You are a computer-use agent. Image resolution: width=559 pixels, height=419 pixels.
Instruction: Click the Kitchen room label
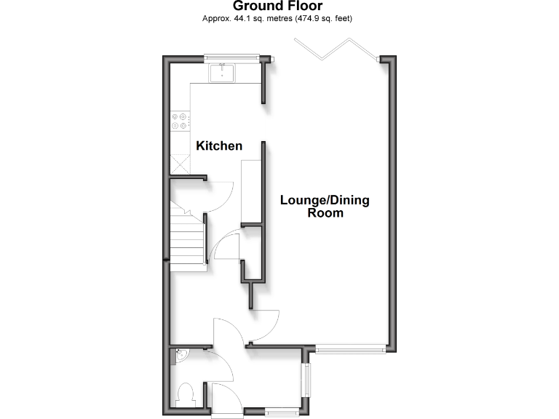point(219,146)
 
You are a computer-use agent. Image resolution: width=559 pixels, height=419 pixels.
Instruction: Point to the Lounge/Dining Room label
point(325,207)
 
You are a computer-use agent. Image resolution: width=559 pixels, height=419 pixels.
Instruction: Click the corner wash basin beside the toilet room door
point(181,356)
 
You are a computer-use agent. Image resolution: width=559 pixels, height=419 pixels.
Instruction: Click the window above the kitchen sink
point(231,57)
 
